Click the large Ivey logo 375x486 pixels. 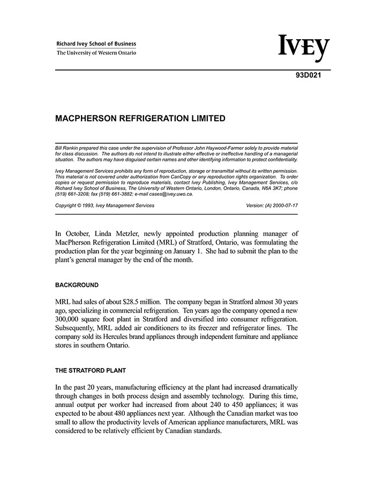point(304,49)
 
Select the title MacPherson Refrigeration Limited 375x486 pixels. point(140,119)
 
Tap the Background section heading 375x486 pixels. point(77,285)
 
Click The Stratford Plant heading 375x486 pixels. point(91,370)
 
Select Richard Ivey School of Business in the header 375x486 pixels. point(96,44)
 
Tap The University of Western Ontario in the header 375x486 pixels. point(96,53)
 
